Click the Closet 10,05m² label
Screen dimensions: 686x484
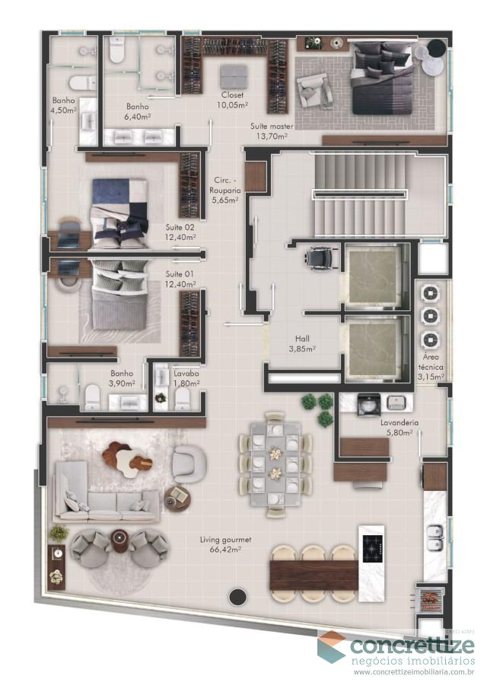tap(232, 100)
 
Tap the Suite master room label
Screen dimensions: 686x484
tap(271, 131)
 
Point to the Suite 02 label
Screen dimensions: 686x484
tap(180, 232)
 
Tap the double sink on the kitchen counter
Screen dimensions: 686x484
tap(434, 537)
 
